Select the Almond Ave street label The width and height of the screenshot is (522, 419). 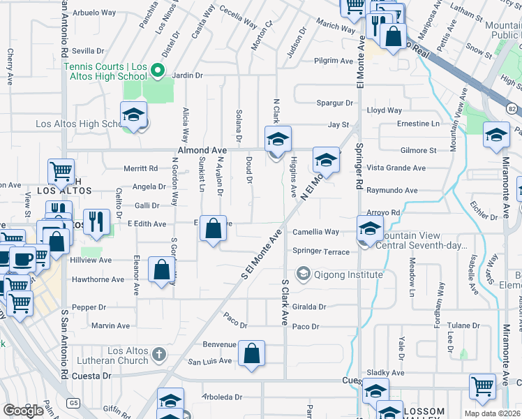click(202, 150)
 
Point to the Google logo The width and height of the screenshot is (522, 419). click(23, 411)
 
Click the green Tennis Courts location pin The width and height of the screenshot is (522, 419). click(158, 71)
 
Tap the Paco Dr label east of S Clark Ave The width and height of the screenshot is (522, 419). click(306, 326)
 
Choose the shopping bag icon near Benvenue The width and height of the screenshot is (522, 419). click(251, 353)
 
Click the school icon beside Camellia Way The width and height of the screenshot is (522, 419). click(370, 228)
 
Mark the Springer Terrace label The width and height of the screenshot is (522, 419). click(321, 251)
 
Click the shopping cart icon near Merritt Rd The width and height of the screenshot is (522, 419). click(61, 171)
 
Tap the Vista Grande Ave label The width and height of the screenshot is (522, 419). click(396, 168)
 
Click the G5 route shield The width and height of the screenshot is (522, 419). click(73, 403)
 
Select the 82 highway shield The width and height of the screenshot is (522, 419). click(511, 109)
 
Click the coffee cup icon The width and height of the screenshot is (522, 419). click(22, 259)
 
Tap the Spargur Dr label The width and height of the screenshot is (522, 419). click(334, 103)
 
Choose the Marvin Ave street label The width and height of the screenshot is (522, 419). click(110, 325)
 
